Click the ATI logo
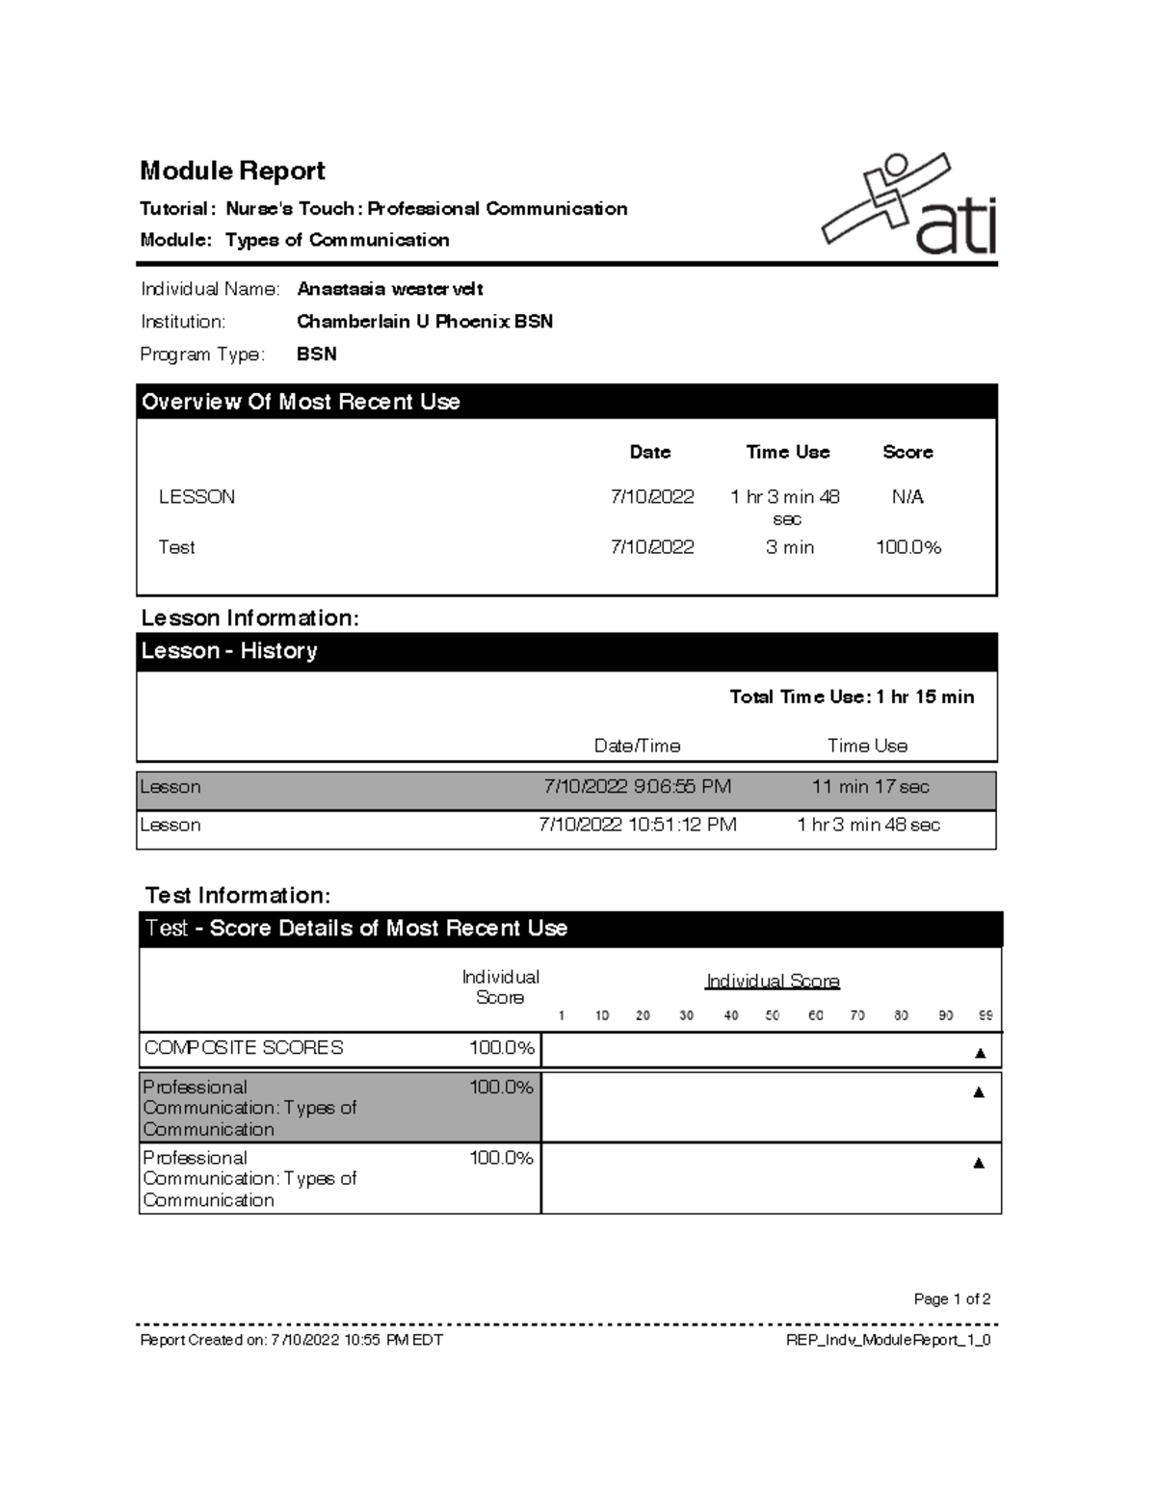pos(908,205)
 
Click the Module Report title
pos(232,171)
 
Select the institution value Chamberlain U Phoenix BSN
pos(424,322)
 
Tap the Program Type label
pos(202,354)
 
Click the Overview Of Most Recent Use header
pos(301,402)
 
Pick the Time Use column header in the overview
pos(787,452)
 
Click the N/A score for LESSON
pos(906,497)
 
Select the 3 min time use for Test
pos(789,547)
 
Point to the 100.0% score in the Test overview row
pos(907,547)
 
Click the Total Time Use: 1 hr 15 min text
pos(852,696)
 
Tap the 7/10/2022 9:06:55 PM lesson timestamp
pos(637,787)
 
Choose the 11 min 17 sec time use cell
pos(870,787)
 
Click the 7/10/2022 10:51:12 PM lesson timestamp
pos(637,826)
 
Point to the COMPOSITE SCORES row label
pos(243,1048)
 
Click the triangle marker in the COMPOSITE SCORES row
pos(980,1053)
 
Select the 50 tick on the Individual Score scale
pos(772,1015)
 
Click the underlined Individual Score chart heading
pos(773,982)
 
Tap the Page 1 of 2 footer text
pos(952,1299)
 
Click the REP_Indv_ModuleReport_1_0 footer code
pos(888,1340)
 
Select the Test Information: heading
pos(237,896)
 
